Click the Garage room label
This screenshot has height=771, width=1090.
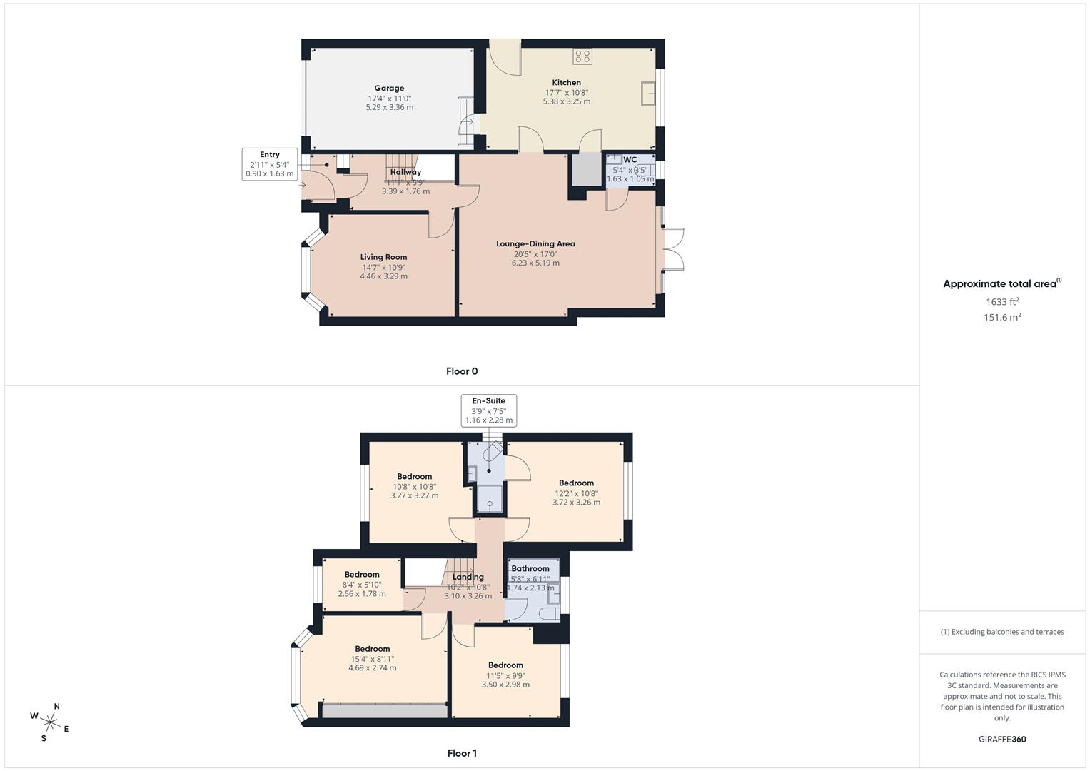389,89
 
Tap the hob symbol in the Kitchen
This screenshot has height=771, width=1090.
582,56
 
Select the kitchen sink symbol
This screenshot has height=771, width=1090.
649,94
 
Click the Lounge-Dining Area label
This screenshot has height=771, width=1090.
535,244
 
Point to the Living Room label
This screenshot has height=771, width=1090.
383,257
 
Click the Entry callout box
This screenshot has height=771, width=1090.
270,164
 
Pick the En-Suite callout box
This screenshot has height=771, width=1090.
488,410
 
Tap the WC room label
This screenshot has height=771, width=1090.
630,160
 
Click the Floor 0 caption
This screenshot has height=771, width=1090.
462,371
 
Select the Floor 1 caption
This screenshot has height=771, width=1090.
462,753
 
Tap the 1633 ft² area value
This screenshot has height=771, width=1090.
1002,302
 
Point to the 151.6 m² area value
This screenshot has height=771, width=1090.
1002,318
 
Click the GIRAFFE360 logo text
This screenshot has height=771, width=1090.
1002,740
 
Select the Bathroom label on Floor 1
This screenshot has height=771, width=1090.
530,569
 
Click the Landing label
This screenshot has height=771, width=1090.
468,577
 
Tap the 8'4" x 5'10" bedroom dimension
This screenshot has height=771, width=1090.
362,585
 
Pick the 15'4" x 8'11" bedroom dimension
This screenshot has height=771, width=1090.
373,659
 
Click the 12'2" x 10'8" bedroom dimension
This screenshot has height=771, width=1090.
576,493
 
